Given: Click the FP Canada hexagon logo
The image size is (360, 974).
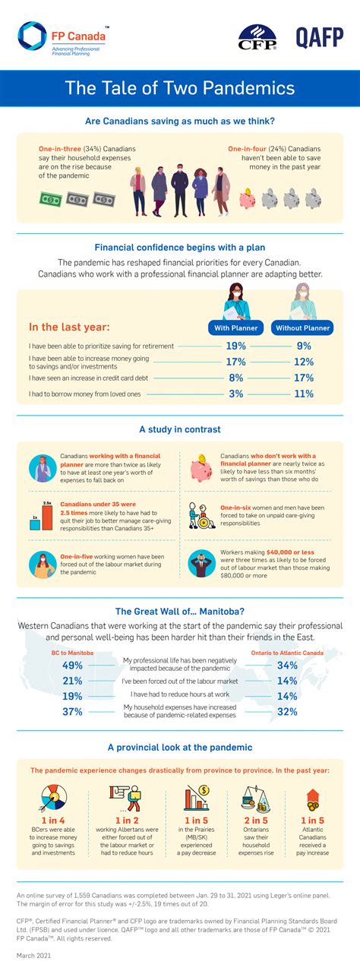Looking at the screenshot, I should [33, 36].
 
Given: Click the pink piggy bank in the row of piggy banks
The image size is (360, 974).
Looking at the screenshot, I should [249, 198].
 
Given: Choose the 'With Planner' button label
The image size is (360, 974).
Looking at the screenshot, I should [236, 328].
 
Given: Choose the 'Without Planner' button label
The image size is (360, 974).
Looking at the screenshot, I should [302, 328].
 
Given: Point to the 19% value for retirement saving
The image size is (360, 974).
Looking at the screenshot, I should [236, 346].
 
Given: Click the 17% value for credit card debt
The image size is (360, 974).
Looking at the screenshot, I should [303, 378].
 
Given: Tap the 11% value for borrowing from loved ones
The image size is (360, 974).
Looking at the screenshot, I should [303, 394].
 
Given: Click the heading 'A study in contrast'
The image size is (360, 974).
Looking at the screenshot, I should [180, 429].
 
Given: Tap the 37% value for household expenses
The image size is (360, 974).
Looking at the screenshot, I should [72, 711].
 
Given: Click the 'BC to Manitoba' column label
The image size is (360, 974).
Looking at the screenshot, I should [72, 652].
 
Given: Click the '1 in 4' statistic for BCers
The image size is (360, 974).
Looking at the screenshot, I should [53, 820].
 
